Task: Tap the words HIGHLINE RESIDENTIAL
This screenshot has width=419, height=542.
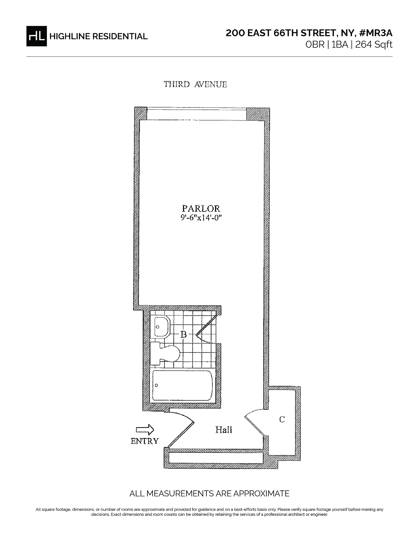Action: tap(98, 36)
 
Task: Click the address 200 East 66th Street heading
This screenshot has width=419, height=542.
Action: tap(309, 33)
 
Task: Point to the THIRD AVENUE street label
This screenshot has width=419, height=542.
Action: tap(196, 84)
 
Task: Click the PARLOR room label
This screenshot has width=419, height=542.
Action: tap(201, 209)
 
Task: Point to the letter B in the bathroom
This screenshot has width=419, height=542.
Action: tap(184, 335)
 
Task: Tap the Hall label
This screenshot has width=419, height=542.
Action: tap(223, 430)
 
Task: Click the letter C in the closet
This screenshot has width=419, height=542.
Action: tap(282, 419)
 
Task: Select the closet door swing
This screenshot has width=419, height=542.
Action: tap(254, 422)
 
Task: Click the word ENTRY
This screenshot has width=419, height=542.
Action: tap(145, 441)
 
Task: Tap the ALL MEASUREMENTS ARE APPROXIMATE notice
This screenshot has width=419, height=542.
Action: tap(209, 493)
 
